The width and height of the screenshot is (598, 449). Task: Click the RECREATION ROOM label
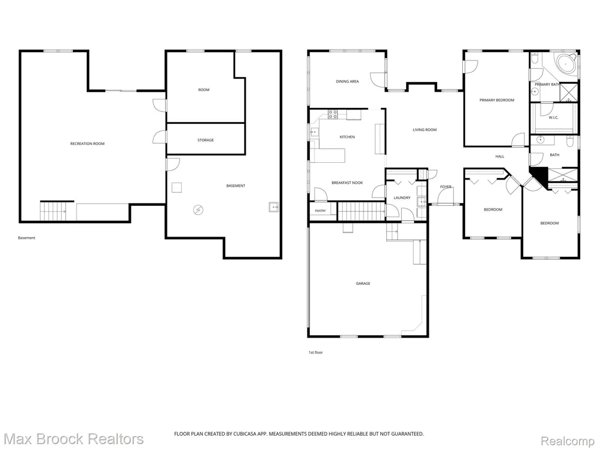pos(87,144)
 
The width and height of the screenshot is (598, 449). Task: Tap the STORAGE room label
pos(206,140)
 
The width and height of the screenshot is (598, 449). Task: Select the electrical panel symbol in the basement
pos(199,209)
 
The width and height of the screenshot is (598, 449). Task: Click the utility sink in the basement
pos(273,207)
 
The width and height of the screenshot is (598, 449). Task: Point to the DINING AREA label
pos(347,81)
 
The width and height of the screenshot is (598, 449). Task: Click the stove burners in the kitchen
pos(333,114)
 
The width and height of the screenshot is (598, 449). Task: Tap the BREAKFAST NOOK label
pos(347,183)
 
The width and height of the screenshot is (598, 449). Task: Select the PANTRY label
pos(321,211)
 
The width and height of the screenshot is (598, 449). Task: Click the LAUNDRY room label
pos(402,198)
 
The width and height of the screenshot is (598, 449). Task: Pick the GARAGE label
pos(363,283)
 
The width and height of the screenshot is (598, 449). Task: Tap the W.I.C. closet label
pos(553,117)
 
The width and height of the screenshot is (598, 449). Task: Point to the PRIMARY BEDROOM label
pos(496,100)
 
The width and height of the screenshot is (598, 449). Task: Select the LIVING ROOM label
pos(425,130)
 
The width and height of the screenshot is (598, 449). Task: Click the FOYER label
pos(446,187)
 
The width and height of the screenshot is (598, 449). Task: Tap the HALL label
pos(499,156)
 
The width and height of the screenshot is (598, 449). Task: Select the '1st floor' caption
pos(315,353)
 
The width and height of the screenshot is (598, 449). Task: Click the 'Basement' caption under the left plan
pos(26,238)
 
